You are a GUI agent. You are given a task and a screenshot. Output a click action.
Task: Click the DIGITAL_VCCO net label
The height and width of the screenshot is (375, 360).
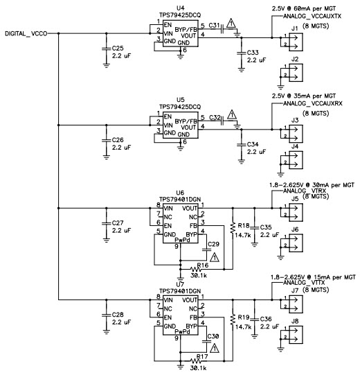pos(26,34)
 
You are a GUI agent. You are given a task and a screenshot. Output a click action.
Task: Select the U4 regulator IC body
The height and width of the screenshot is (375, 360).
pos(181,33)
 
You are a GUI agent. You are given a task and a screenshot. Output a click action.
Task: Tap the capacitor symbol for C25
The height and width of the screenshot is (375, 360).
pos(107,49)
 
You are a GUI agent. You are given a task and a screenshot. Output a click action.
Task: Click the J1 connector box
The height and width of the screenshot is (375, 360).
pos(296,42)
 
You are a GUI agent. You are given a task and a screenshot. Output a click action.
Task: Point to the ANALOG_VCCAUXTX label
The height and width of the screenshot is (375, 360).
pos(312,16)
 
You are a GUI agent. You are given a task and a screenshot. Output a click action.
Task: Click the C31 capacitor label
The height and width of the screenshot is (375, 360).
pos(214,26)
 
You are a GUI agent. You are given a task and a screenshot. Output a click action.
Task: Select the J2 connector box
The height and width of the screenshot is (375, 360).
pos(296,73)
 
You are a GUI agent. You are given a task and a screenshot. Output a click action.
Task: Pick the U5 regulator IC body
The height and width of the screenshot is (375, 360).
pos(181,125)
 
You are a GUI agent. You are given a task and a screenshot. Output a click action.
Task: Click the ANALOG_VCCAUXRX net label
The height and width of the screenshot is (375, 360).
pos(313,103)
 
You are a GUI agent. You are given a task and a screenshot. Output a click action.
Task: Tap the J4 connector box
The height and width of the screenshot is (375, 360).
pos(296,160)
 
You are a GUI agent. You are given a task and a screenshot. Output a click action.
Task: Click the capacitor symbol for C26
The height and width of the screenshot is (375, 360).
pos(107,141)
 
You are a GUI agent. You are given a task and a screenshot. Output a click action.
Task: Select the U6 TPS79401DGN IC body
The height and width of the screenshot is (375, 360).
pos(181,223)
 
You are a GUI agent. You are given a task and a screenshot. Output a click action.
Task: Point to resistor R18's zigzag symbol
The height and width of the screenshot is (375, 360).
pos(233,228)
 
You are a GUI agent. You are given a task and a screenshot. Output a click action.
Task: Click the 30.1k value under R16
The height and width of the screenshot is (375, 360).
pos(199,275)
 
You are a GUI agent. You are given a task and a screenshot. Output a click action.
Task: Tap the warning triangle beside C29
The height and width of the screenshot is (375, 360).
pos(215,257)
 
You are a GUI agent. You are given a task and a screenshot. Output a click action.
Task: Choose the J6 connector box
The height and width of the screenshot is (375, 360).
pos(296,243)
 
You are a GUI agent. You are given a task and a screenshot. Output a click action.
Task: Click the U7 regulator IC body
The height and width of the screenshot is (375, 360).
pos(181,315)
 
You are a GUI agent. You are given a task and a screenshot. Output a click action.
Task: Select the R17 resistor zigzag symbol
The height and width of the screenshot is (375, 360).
pos(196,361)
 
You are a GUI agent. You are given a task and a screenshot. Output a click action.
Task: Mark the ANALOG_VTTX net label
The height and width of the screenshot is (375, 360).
pos(304,283)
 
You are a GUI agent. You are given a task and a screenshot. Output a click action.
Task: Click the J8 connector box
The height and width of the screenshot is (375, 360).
pos(296,335)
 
